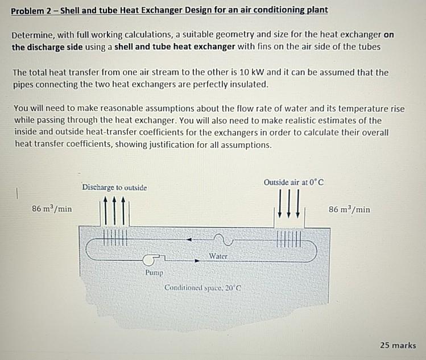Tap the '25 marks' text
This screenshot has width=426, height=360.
[x=398, y=345]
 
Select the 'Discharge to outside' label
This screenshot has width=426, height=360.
[x=114, y=187]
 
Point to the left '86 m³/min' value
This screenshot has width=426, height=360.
[x=52, y=209]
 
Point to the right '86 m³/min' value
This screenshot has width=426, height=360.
[x=349, y=209]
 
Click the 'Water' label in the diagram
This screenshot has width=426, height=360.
[x=218, y=256]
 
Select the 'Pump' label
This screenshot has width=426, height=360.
[x=154, y=272]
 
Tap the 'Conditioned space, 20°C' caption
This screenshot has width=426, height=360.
[x=204, y=288]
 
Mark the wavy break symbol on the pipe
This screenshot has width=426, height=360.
[x=219, y=239]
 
